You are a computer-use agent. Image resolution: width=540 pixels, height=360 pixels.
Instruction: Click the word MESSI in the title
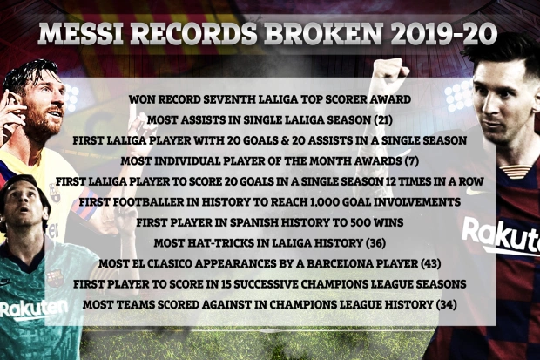click(81, 34)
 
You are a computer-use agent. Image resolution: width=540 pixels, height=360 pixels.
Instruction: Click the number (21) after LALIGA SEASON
click(383, 120)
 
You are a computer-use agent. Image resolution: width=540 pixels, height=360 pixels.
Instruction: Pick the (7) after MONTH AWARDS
click(412, 161)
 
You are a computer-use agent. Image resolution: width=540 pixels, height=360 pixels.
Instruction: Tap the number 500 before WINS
click(361, 222)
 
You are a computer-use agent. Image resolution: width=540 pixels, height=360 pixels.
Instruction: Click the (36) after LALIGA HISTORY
click(375, 243)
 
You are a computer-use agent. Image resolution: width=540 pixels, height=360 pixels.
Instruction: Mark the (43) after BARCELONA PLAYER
click(431, 264)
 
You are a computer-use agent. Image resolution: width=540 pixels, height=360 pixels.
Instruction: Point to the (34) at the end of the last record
click(446, 305)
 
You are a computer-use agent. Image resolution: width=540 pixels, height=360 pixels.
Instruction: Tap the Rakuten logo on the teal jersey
click(33, 309)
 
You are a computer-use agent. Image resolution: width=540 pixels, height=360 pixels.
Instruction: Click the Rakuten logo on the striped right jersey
click(501, 237)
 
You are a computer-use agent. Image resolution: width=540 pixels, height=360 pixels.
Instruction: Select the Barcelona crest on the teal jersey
click(54, 279)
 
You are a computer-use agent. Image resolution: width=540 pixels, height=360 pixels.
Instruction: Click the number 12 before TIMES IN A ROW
click(392, 181)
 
